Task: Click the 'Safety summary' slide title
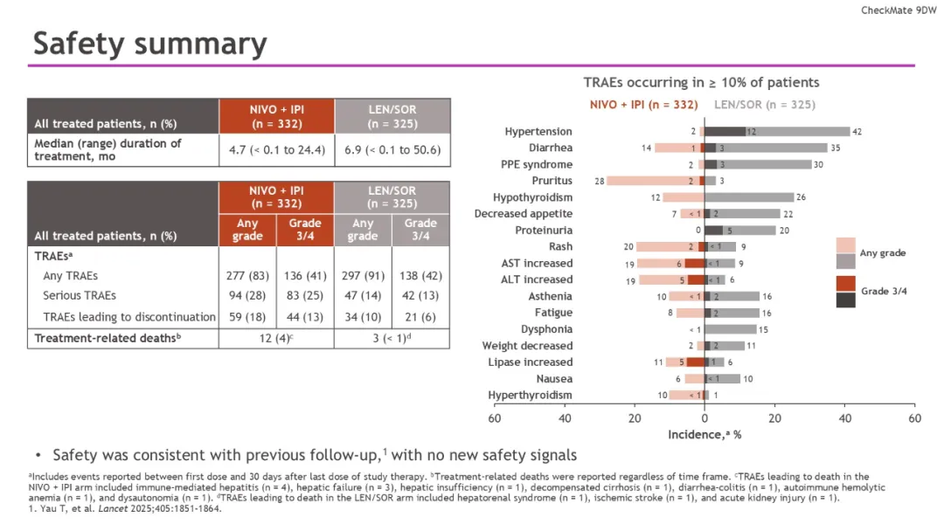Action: (150, 44)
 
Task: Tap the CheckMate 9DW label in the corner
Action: (899, 10)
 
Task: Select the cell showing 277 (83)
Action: (247, 275)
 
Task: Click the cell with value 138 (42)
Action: (420, 275)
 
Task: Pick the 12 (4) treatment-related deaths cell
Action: (276, 338)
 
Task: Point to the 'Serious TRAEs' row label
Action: (80, 295)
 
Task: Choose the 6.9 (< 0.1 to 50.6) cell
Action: (392, 149)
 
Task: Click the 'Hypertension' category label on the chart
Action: (538, 131)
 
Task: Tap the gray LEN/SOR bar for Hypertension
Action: (777, 131)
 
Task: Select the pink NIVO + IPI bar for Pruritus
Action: (656, 181)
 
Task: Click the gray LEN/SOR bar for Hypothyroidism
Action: (749, 197)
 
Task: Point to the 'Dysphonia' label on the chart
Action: (546, 329)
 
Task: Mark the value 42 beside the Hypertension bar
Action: (857, 132)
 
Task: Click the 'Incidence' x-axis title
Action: (705, 434)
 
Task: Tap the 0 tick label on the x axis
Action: (705, 418)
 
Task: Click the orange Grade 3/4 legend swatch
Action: (845, 284)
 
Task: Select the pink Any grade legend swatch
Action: (845, 245)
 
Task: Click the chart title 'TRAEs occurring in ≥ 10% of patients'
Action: (701, 82)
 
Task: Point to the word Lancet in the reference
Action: (113, 508)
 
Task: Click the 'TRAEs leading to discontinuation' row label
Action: (128, 317)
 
